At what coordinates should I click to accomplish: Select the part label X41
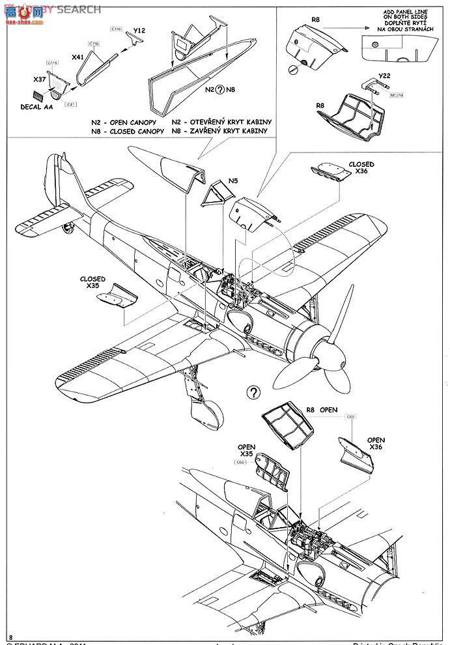(77, 57)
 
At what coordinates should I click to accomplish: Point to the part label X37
(40, 79)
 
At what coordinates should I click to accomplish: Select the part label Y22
(384, 76)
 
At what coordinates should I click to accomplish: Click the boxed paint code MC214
(396, 94)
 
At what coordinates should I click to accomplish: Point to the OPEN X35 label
(246, 450)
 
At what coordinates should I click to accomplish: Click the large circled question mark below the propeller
(253, 392)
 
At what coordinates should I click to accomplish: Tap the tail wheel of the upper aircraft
(66, 227)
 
